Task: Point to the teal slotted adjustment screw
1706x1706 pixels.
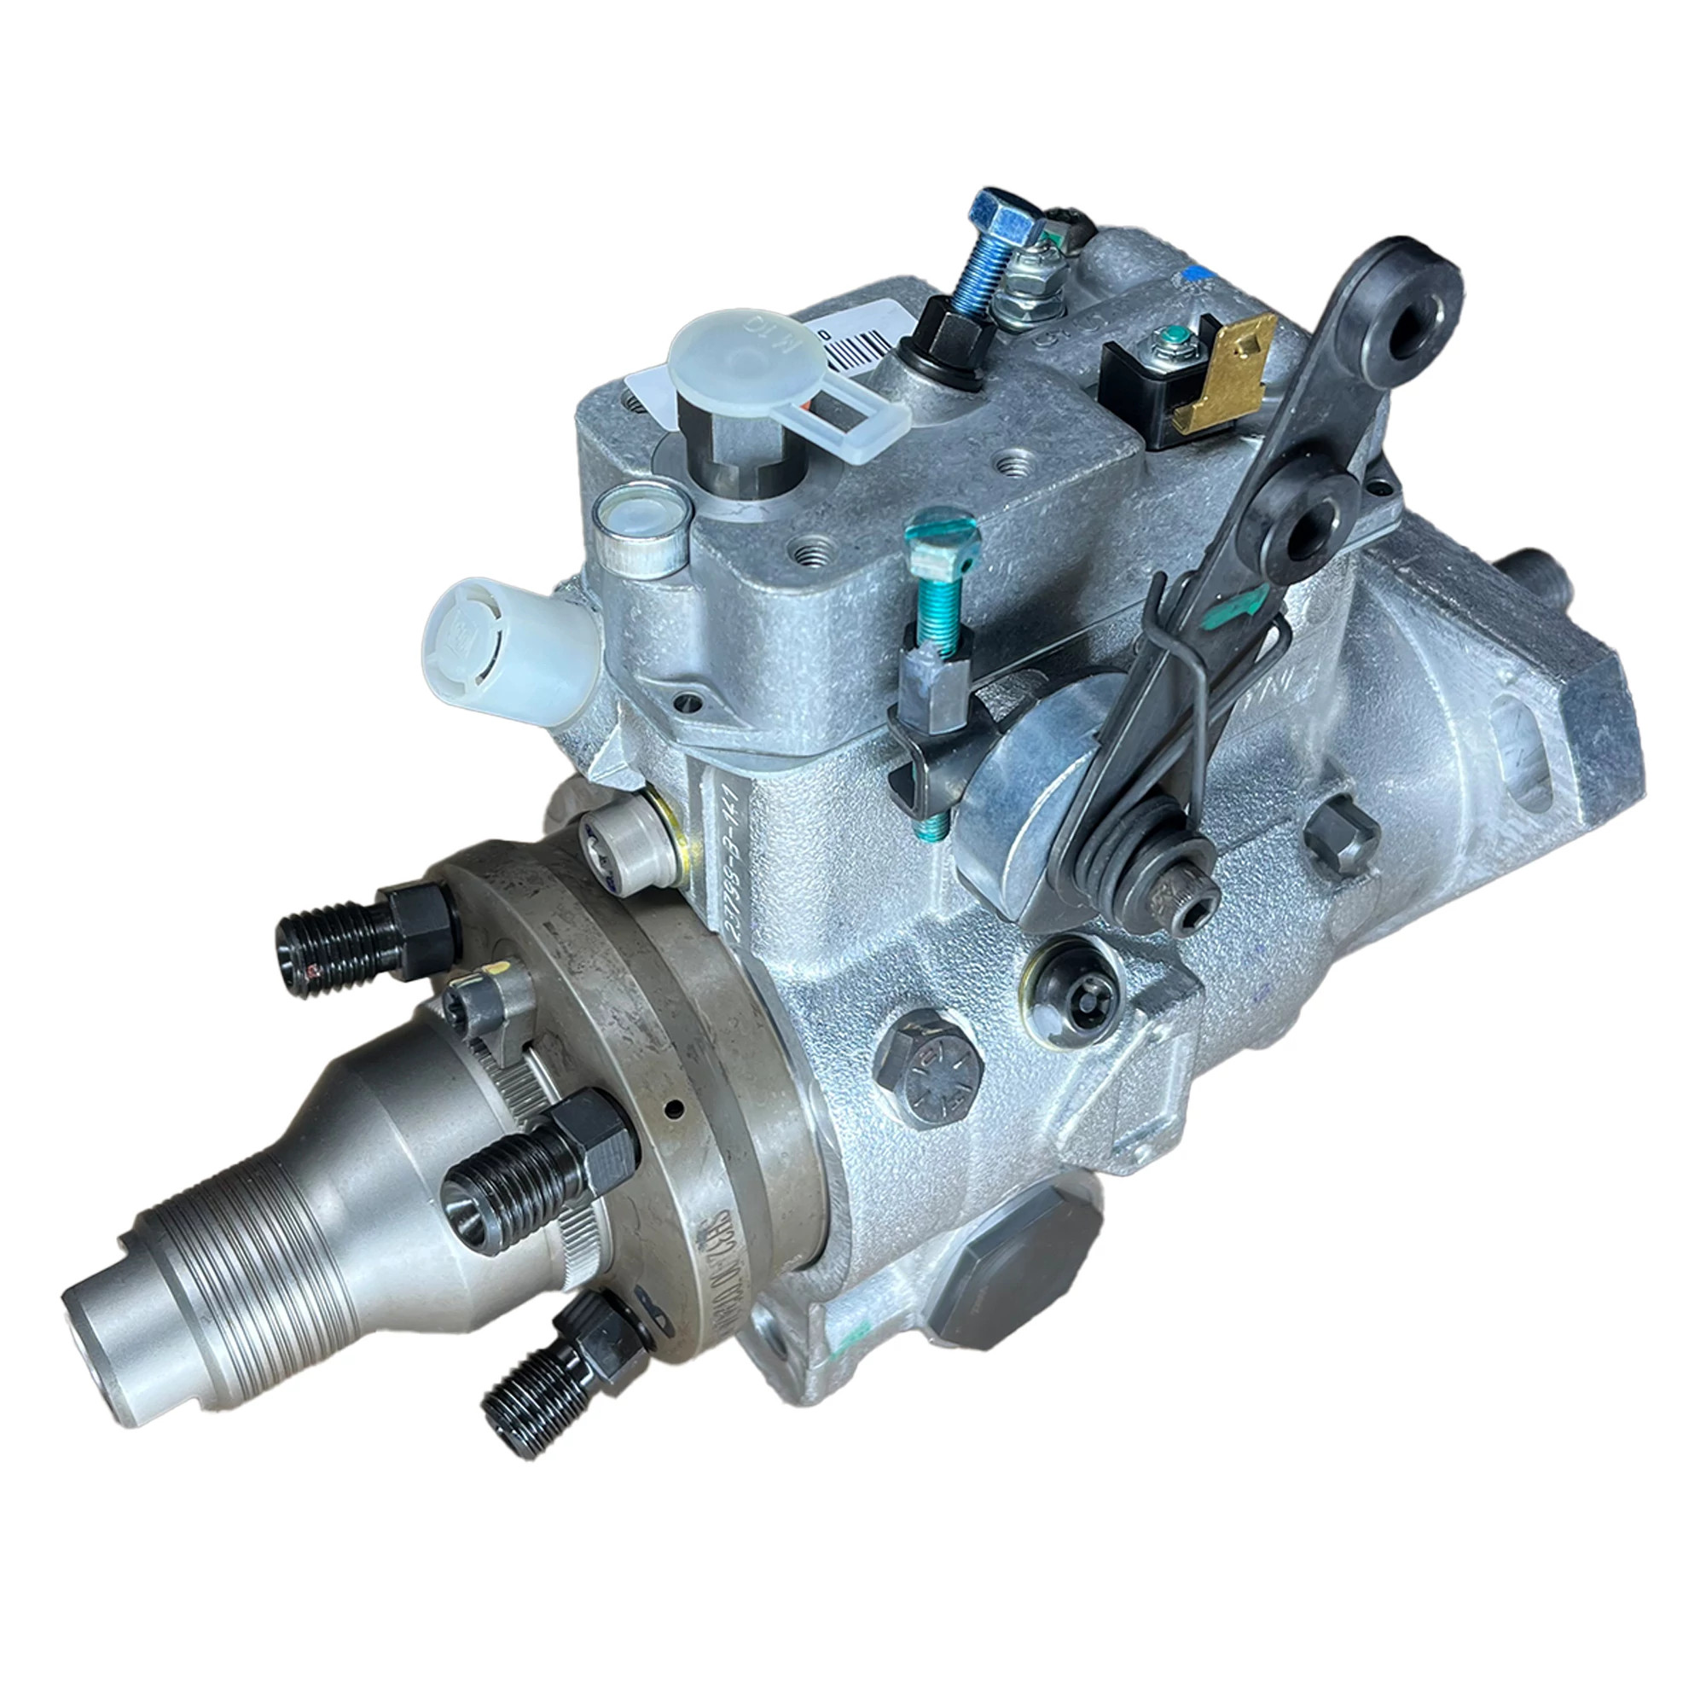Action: coord(943,533)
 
